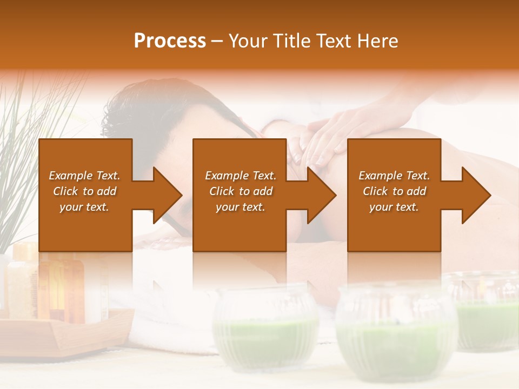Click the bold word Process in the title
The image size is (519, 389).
(x=170, y=41)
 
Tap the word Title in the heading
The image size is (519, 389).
(x=290, y=41)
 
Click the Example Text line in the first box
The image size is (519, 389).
(x=84, y=176)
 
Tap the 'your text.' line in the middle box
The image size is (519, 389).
(x=240, y=207)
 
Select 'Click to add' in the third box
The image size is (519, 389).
(x=394, y=191)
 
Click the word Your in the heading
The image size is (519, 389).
(x=248, y=41)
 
